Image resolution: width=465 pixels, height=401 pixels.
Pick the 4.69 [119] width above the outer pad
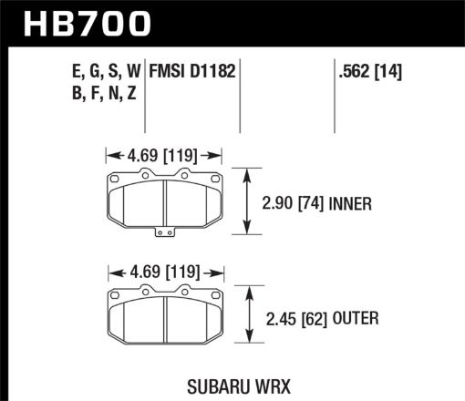pyautogui.click(x=164, y=271)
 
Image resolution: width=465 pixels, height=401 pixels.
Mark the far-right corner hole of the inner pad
pyautogui.click(x=216, y=178)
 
